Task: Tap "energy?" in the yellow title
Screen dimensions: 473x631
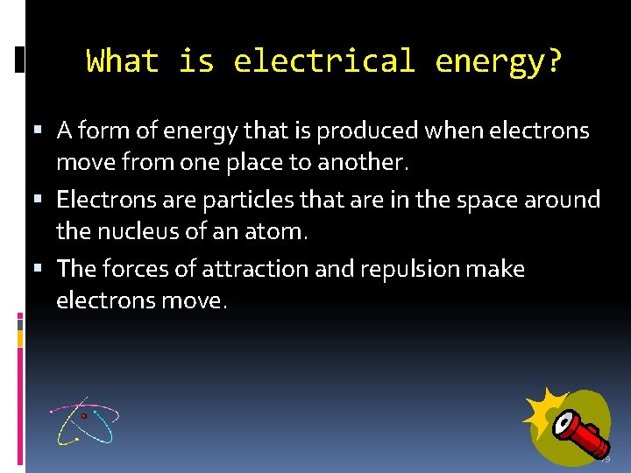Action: tap(499, 61)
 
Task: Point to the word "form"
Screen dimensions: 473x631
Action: tap(102, 131)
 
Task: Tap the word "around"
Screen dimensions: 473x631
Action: tap(566, 200)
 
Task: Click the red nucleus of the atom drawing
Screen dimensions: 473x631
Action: tap(85, 416)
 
